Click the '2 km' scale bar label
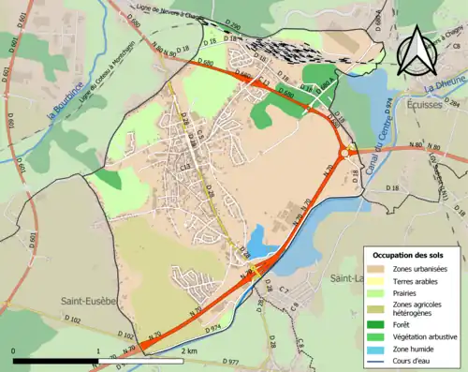(x=188, y=350)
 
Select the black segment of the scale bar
(x=56, y=361)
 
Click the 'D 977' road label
(x=231, y=360)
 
